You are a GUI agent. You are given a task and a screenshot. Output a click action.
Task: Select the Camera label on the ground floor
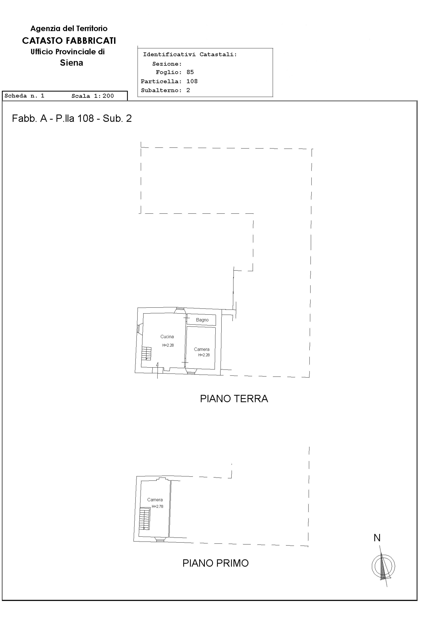[x=202, y=349]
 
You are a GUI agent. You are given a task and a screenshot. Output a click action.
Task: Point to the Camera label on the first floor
[x=155, y=500]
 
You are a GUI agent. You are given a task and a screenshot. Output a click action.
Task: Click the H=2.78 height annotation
[x=157, y=506]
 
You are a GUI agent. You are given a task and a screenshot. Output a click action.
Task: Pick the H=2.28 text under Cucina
[x=168, y=345]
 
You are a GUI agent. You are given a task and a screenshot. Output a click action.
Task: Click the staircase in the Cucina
[x=146, y=353]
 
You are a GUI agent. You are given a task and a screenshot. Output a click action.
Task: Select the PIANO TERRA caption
[x=234, y=399]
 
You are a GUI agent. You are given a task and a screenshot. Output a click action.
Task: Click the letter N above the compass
[x=377, y=538]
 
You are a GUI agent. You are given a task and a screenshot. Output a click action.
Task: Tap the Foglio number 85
[x=190, y=72]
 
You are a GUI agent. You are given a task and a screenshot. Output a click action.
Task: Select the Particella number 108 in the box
[x=192, y=81]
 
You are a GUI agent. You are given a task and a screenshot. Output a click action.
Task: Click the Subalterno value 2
[x=188, y=90]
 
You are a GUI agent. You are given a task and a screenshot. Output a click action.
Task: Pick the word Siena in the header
[x=72, y=63]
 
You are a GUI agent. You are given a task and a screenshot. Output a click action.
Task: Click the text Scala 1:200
[x=93, y=96]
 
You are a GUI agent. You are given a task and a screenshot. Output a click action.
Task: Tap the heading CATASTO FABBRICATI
[x=69, y=41]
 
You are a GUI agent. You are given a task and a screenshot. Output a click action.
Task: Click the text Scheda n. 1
[x=24, y=96]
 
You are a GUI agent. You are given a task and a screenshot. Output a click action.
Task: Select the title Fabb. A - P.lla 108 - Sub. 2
[x=72, y=118]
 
